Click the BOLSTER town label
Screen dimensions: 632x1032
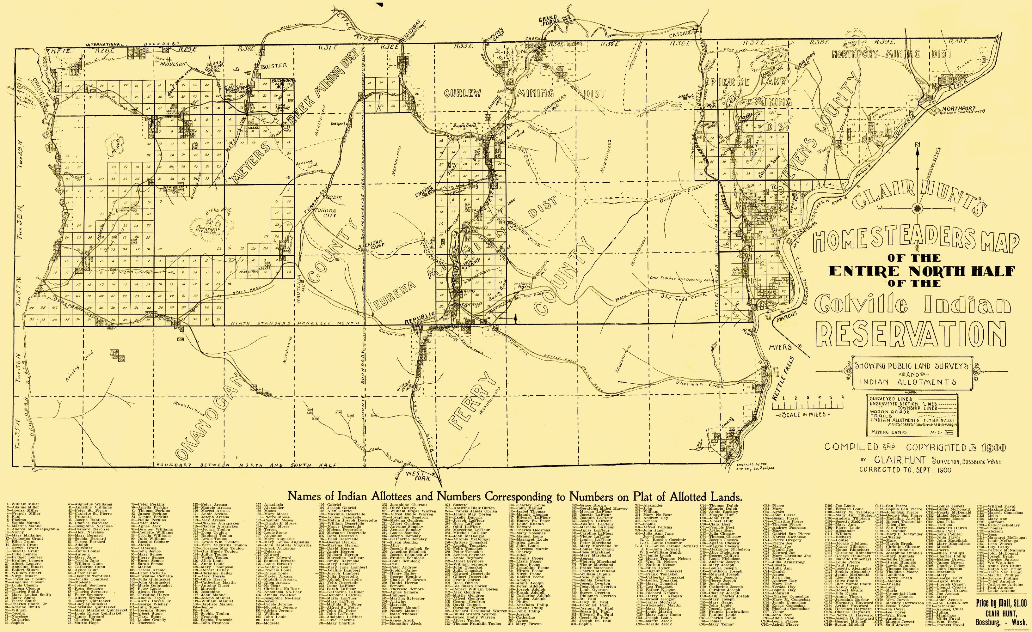click(x=273, y=66)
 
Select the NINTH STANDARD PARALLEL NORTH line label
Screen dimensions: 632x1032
click(x=295, y=324)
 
